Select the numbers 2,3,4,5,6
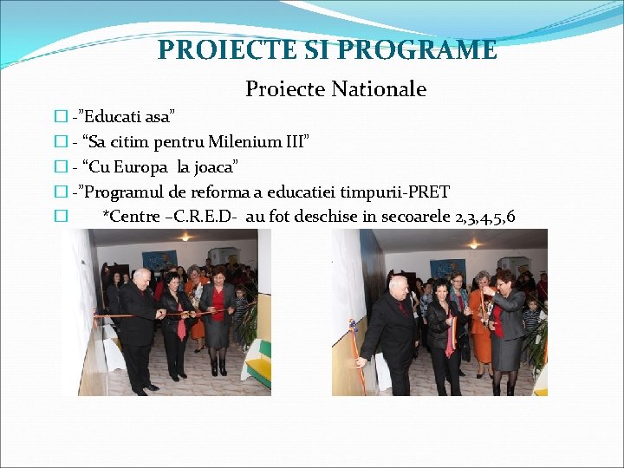(x=484, y=216)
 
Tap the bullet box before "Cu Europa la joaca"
(x=60, y=166)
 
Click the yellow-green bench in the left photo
(x=258, y=364)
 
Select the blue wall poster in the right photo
(x=448, y=270)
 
